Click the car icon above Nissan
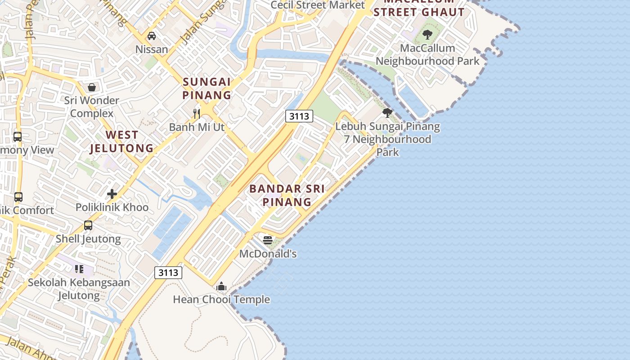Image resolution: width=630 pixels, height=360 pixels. [152, 36]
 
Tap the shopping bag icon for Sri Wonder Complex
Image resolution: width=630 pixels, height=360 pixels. [92, 87]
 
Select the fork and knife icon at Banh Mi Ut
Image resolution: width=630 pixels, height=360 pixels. [197, 113]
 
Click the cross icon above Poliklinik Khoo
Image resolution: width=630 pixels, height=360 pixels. [112, 194]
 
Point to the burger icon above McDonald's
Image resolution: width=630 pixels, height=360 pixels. [268, 240]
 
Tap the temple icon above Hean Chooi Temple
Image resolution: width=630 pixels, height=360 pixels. [221, 286]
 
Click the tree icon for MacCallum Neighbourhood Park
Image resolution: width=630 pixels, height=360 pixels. [427, 34]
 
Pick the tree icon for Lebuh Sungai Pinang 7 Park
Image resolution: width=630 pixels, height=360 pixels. [387, 113]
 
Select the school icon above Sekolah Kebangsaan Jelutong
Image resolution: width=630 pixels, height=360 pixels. [79, 269]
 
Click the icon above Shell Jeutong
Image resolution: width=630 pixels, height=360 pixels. [88, 225]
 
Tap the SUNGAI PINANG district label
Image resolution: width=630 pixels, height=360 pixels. [207, 89]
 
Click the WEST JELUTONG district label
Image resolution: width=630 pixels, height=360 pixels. [121, 141]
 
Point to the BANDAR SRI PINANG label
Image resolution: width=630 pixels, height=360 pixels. [287, 195]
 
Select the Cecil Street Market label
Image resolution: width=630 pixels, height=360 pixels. [318, 5]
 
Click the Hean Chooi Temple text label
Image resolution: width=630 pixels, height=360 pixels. [221, 299]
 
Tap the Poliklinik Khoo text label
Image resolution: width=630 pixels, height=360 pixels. [112, 207]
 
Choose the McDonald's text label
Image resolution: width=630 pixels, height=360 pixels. [268, 254]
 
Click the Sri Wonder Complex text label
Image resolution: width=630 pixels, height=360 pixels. [92, 107]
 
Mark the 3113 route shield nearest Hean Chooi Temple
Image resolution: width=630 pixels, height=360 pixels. [168, 272]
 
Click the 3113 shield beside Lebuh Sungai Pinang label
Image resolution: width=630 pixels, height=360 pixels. [299, 116]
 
